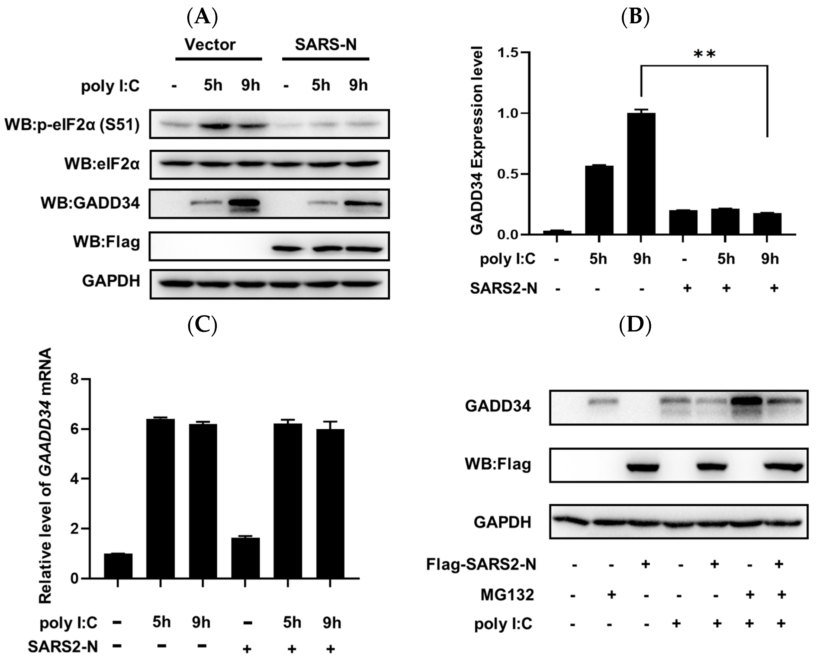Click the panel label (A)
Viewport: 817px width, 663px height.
(x=202, y=17)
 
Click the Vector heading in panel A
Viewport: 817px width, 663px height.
(x=210, y=45)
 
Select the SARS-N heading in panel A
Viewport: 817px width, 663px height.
(x=326, y=45)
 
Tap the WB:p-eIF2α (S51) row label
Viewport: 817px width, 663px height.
(x=72, y=125)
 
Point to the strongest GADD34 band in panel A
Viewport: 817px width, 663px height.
(x=243, y=203)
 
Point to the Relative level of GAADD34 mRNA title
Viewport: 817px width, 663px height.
(x=46, y=475)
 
